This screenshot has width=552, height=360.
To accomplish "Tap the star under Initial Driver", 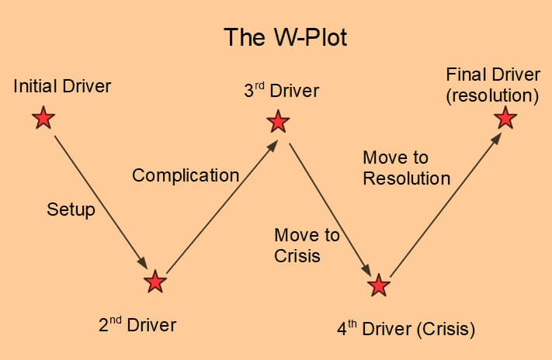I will [x=44, y=118].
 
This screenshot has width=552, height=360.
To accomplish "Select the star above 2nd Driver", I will [x=155, y=282].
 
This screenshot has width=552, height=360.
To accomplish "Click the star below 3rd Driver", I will [x=278, y=122].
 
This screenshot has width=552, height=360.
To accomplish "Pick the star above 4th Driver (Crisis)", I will [x=379, y=285].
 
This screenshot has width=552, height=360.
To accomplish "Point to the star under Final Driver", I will [x=505, y=118].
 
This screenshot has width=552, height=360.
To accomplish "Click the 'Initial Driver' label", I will [x=62, y=85].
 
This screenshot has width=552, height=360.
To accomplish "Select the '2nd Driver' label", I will [x=137, y=324].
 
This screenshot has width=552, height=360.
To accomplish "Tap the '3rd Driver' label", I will [x=281, y=91].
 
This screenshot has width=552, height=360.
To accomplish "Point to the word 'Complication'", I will [x=186, y=175].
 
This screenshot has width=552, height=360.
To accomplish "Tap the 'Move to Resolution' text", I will [x=406, y=168].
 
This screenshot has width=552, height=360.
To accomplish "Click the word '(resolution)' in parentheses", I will [x=491, y=95].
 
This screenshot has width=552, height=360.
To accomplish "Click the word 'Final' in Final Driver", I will [x=465, y=75].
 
